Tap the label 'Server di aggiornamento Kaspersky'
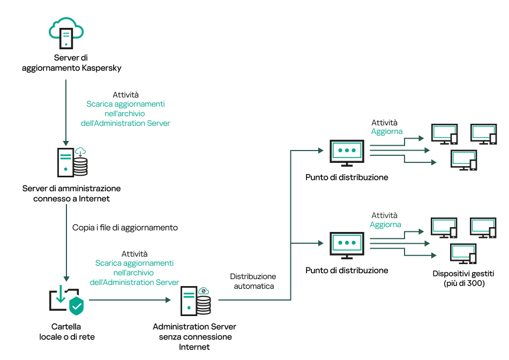pyautogui.click(x=71, y=63)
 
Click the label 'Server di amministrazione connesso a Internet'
pyautogui.click(x=71, y=193)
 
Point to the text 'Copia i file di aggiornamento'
pyautogui.click(x=125, y=228)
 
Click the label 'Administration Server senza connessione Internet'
pyautogui.click(x=194, y=336)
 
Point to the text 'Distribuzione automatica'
pyautogui.click(x=253, y=281)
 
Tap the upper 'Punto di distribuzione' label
pyautogui.click(x=347, y=177)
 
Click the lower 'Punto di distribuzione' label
pyautogui.click(x=347, y=271)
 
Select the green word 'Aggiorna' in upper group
pyautogui.click(x=387, y=132)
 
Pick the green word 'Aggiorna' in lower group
pyautogui.click(x=385, y=225)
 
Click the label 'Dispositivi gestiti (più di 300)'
pyautogui.click(x=463, y=279)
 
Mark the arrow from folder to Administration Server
pyautogui.click(x=129, y=300)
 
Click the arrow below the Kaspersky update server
pyautogui.click(x=66, y=112)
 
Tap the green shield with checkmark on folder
pyautogui.click(x=77, y=306)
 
